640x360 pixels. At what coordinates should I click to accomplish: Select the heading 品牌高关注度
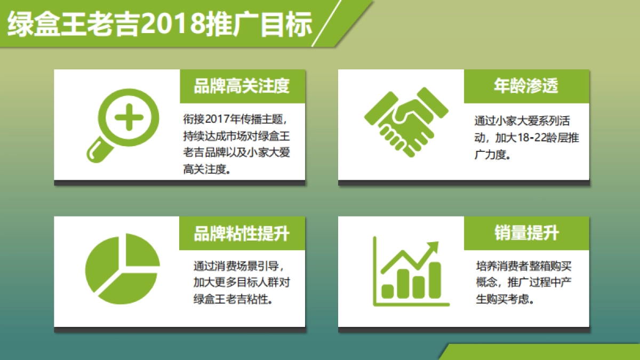[x=242, y=86]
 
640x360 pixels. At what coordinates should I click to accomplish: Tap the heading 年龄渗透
[x=526, y=86]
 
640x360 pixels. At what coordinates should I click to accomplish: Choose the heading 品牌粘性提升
[x=242, y=233]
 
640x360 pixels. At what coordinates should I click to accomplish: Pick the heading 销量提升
[x=526, y=233]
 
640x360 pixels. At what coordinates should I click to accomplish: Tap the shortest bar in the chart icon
[x=388, y=291]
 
